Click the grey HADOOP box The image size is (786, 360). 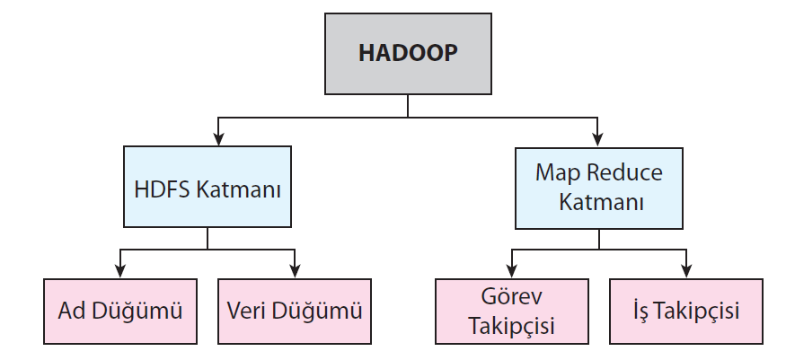pos(408,53)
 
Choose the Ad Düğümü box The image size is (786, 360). pos(120,311)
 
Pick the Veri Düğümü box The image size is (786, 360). pos(295,311)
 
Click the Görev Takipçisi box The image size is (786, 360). pos(512,311)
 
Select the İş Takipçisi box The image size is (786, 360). pos(686,311)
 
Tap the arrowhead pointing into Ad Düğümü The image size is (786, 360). pos(119,272)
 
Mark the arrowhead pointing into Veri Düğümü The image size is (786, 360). pos(295,272)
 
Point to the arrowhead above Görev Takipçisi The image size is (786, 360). pos(512,272)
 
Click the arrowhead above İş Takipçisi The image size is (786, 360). pos(686,272)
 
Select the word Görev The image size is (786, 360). pos(512,297)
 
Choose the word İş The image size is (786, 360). pos(643,311)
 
